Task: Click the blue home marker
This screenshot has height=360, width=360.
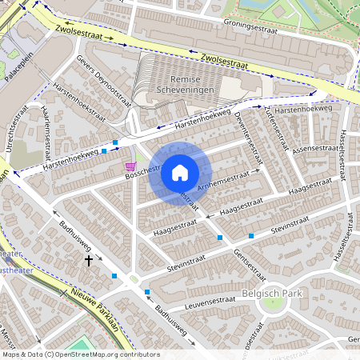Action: [180, 173]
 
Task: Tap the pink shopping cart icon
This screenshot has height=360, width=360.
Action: [130, 166]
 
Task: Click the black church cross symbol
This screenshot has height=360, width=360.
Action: [89, 260]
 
